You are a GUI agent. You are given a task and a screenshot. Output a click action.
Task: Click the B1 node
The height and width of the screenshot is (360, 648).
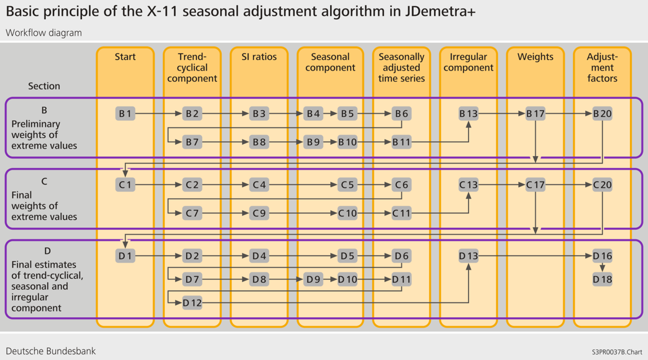[x=125, y=113]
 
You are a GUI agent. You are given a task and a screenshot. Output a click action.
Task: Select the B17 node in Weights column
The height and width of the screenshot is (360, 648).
[x=535, y=113]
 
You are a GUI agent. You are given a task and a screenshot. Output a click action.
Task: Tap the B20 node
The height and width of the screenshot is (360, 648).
[x=602, y=113]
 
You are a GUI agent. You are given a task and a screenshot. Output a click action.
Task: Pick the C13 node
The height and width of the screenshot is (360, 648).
[x=468, y=185]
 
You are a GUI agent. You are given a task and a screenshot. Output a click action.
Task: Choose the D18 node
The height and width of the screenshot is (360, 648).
[x=602, y=279]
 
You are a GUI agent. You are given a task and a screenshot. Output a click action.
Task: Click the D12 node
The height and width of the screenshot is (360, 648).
[x=192, y=303]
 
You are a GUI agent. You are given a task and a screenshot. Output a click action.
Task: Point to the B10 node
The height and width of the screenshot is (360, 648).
[x=348, y=142]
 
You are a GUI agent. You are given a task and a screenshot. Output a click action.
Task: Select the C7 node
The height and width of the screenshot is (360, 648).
[x=192, y=213]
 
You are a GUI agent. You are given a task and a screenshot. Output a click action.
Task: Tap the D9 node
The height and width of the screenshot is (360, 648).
[x=313, y=279]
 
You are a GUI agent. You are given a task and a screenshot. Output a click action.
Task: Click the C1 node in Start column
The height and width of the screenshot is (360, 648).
[x=125, y=185]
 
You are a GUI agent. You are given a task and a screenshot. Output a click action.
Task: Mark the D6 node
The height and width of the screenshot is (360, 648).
[x=401, y=256]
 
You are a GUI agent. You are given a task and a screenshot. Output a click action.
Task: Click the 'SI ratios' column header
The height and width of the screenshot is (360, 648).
[x=259, y=56]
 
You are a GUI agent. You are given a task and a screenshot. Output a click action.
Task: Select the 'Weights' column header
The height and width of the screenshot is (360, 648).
[x=535, y=56]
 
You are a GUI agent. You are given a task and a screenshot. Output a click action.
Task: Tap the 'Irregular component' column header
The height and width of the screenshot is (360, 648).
[x=468, y=62]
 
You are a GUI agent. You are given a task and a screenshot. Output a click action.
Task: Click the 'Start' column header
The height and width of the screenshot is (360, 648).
[x=125, y=56]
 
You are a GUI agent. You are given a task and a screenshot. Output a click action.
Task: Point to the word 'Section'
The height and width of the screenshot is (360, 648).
[x=44, y=86]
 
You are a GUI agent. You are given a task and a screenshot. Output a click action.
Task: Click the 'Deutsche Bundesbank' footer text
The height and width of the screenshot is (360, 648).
[x=51, y=350]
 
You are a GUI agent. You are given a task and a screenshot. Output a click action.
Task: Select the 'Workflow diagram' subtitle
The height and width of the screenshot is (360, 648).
[x=43, y=33]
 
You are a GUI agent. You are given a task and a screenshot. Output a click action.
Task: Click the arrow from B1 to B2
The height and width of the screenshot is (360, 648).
[x=159, y=113]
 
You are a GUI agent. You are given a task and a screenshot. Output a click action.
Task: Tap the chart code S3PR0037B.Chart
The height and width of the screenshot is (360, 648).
[x=617, y=352]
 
